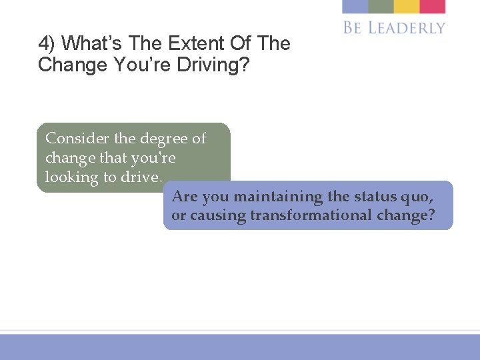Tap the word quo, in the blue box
point(419,197)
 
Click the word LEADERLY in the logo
point(407,27)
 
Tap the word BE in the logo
point(353,27)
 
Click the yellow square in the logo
point(406,6)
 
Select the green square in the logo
point(381,6)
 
